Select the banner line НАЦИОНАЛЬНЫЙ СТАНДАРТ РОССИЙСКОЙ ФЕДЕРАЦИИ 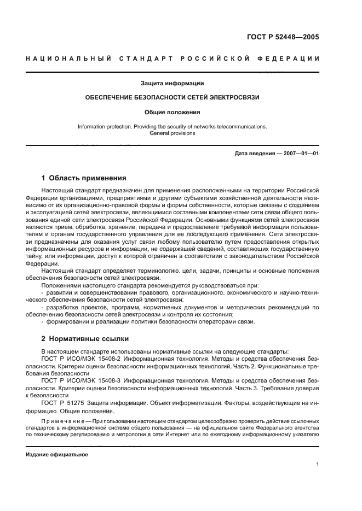coord(173,58)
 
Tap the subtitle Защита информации coord(173,84)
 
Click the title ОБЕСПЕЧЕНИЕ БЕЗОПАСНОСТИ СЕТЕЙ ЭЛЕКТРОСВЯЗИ coord(173,97)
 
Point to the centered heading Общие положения coord(173,112)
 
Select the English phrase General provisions coord(173,133)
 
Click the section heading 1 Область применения coord(84,178)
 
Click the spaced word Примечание coord(64,421)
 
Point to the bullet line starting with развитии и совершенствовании coord(181,293)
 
